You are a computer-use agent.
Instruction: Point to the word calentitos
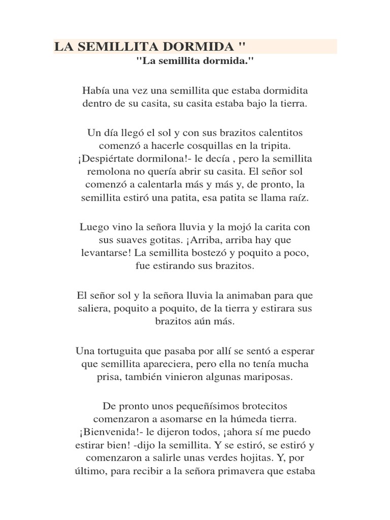point(279,133)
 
